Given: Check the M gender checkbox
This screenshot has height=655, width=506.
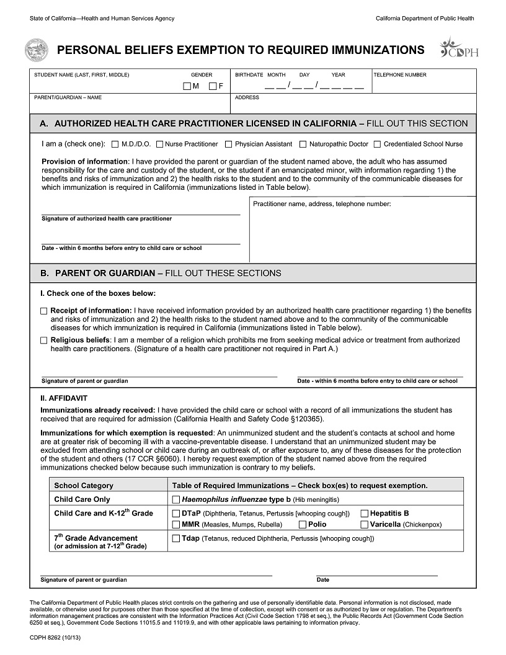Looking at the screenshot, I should pos(187,86).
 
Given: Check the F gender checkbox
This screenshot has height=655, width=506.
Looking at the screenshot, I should pos(213,86).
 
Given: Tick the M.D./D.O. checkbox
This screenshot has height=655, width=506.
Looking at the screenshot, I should pos(115,145).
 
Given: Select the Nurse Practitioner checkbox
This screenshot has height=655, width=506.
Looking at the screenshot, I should pos(159,145).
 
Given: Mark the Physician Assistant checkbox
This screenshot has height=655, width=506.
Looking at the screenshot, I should pos(229,145).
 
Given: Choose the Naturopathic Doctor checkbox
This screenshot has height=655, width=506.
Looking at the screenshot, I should pos(303,145).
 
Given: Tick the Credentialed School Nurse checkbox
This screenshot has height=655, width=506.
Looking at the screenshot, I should pos(378,145).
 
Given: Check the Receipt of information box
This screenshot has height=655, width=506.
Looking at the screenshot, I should pos(43,311).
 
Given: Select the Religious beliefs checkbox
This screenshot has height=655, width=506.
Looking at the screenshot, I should pos(43,341).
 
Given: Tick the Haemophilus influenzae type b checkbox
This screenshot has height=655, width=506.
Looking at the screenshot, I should pos(175,499).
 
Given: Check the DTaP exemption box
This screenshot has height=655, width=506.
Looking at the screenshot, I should pos(175,514).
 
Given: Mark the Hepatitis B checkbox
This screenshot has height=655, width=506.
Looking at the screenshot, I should pos(365,514).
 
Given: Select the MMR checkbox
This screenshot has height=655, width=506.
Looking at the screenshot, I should pos(175,525).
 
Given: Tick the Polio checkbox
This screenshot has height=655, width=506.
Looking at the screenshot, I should pos(303,525).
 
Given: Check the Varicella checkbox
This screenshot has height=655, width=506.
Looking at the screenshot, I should pos(365,525).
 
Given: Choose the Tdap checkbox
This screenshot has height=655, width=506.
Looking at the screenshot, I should pos(175,538).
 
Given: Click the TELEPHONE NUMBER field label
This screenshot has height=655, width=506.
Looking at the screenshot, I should pos(400,75).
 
